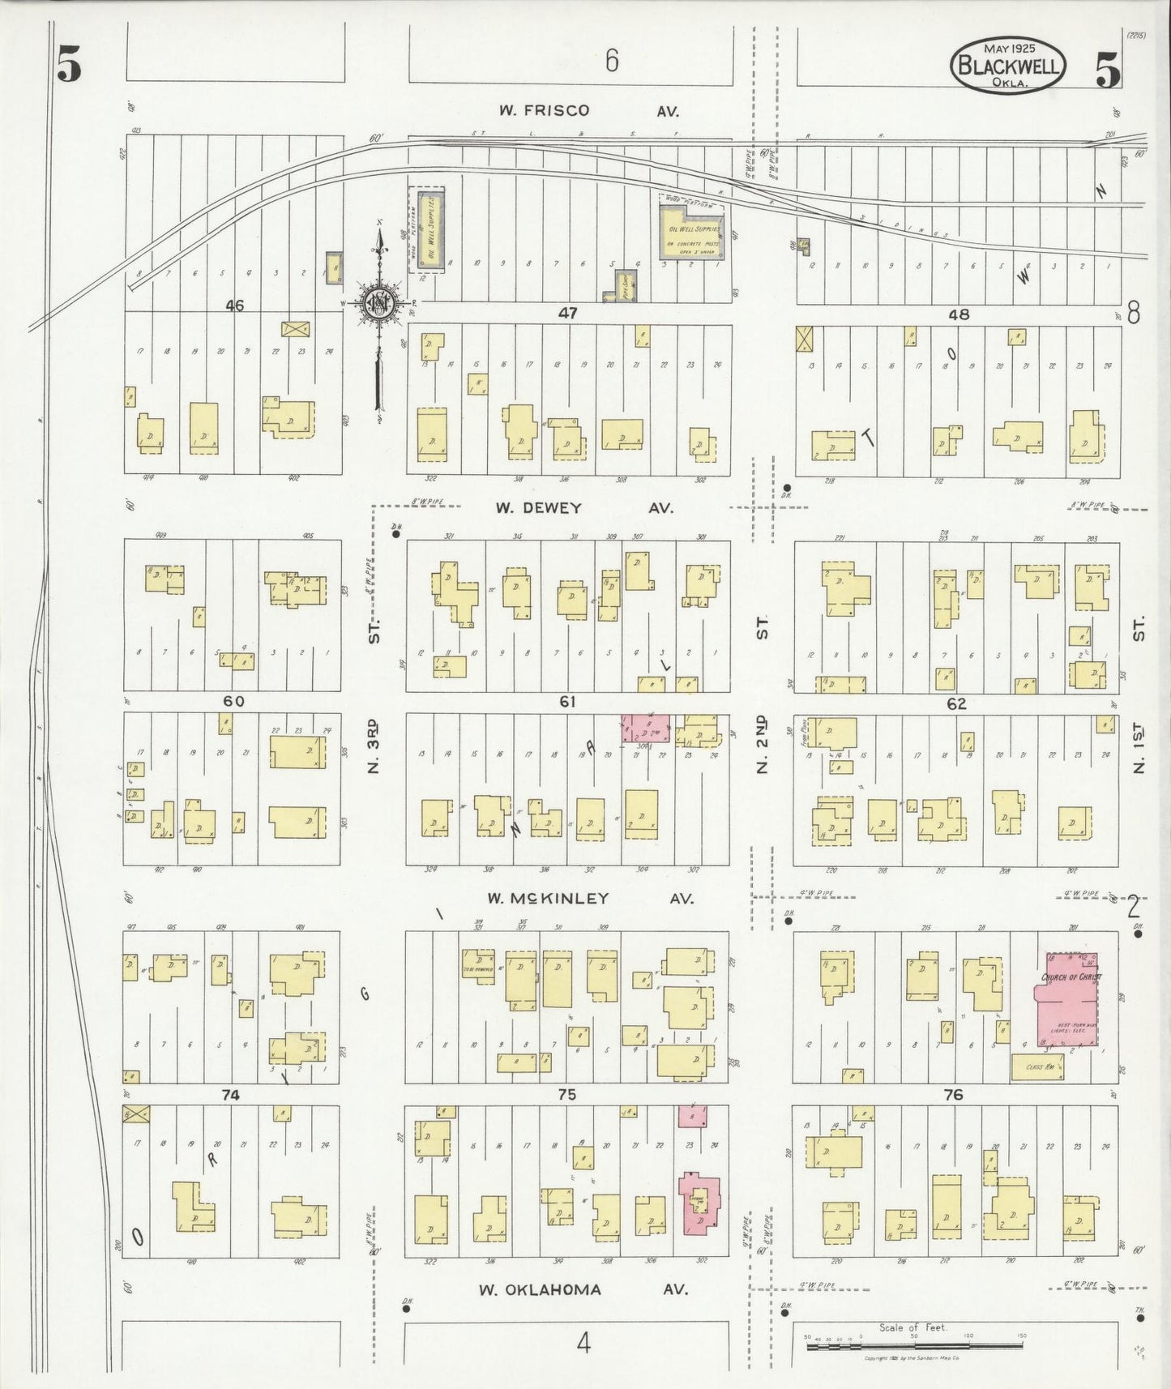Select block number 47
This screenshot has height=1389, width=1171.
pyautogui.click(x=567, y=313)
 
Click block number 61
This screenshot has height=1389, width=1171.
pyautogui.click(x=566, y=702)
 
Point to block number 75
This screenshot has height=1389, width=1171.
pyautogui.click(x=566, y=1094)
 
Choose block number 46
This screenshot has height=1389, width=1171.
pyautogui.click(x=234, y=306)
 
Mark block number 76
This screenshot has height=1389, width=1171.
pyautogui.click(x=953, y=1094)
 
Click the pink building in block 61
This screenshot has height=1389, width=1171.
pyautogui.click(x=647, y=729)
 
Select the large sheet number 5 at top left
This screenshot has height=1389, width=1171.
pyautogui.click(x=69, y=66)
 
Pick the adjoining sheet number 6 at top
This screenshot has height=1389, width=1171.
pyautogui.click(x=612, y=60)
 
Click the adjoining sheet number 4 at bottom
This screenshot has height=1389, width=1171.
pyautogui.click(x=583, y=1344)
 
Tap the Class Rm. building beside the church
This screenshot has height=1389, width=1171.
pyautogui.click(x=1036, y=1066)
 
